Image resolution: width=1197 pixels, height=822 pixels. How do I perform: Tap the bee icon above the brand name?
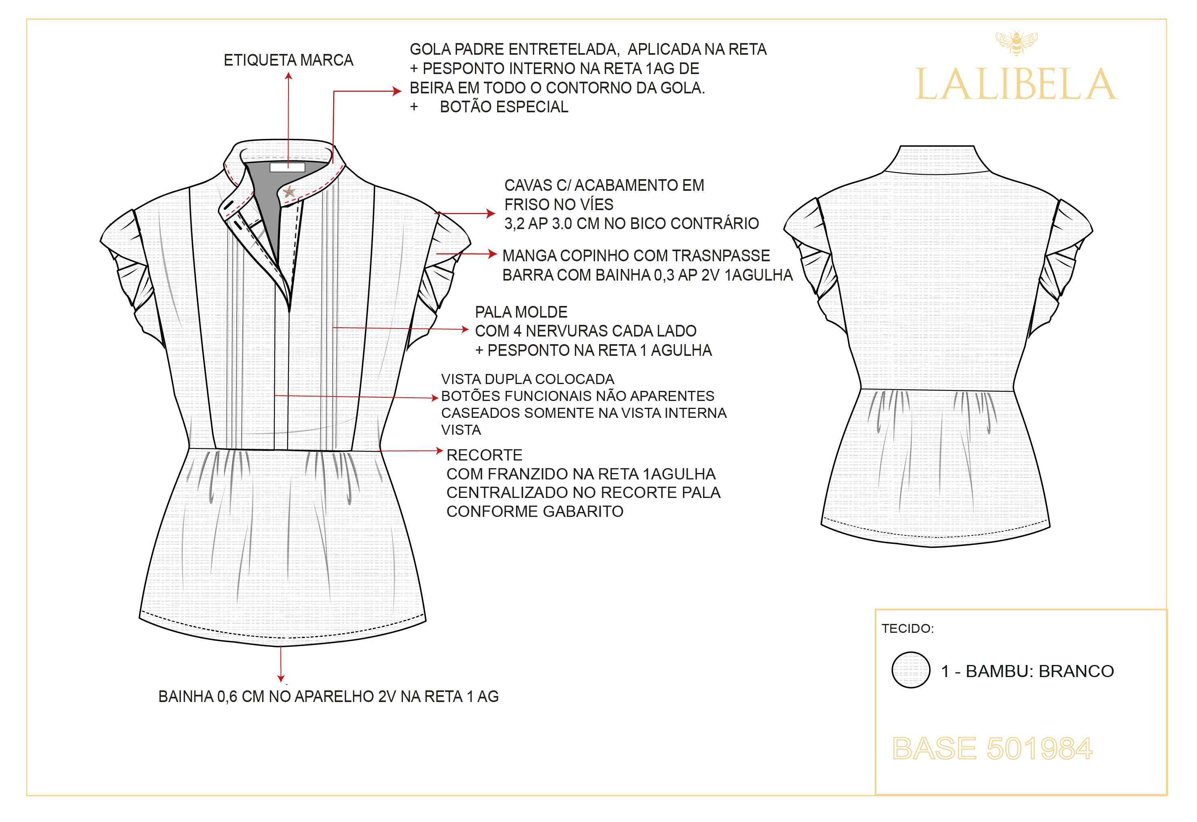pos(1016,42)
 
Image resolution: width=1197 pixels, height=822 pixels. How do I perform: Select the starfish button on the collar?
pos(289,192)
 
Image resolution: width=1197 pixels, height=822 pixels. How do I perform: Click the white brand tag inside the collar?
pos(287,167)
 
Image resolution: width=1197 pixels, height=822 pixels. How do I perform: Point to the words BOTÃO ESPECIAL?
pos(504,107)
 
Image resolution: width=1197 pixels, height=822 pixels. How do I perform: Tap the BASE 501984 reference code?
pos(992,748)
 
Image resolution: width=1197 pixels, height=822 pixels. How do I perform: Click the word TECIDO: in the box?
pos(907,628)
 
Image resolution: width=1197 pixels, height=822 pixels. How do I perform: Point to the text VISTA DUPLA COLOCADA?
pos(527,379)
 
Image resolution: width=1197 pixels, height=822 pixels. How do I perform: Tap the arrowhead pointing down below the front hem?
pos(281,679)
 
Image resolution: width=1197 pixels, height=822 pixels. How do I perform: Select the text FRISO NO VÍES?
pos(558,204)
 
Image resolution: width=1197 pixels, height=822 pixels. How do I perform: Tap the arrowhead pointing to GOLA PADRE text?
pos(397,91)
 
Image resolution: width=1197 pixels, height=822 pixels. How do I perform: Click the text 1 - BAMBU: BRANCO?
pos(1027,671)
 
